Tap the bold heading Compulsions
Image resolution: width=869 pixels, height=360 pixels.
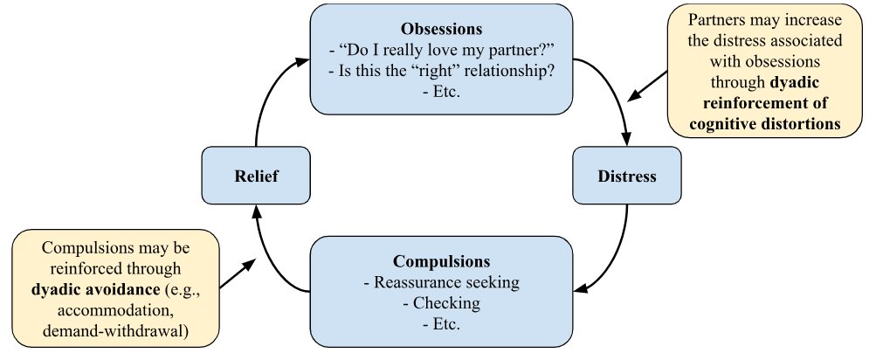[442, 261]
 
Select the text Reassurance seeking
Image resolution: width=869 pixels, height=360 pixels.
[442, 282]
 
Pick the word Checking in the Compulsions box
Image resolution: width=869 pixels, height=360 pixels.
[442, 302]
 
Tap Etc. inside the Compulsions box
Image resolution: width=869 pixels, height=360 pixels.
[442, 323]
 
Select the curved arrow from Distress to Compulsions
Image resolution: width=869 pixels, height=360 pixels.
[618, 253]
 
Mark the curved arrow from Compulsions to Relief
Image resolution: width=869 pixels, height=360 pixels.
[271, 262]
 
